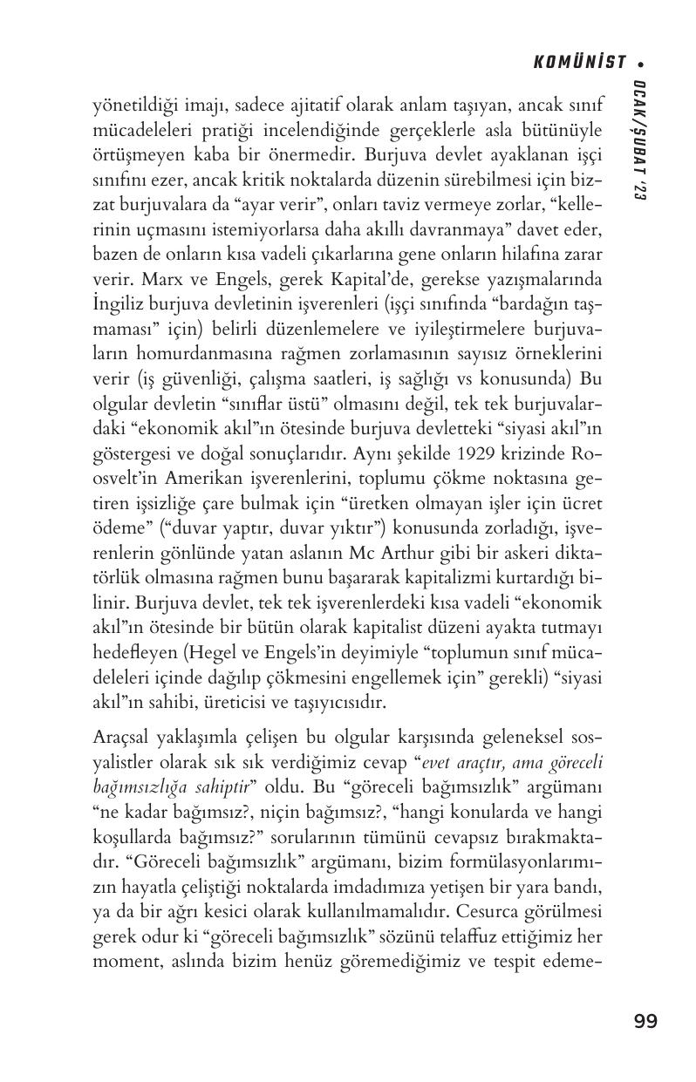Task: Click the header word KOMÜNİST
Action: point(580,62)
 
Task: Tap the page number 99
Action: point(646,1021)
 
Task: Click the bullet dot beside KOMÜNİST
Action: point(641,63)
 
